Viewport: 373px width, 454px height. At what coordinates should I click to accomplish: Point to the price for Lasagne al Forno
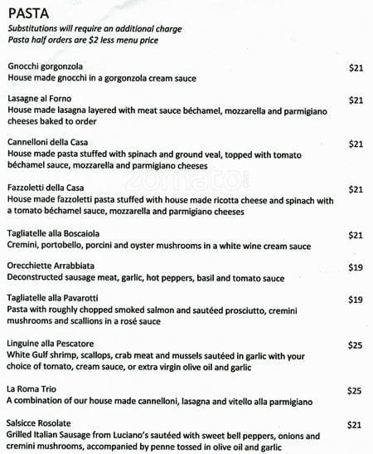point(356,100)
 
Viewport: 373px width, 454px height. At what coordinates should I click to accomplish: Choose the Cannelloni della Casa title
point(47,143)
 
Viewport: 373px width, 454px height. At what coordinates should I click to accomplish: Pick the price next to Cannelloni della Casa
point(356,144)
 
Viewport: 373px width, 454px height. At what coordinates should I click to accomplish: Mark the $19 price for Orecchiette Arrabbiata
point(356,268)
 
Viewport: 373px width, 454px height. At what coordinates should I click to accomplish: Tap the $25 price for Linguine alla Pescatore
point(356,344)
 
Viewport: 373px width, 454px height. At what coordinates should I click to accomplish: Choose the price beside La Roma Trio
point(356,390)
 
